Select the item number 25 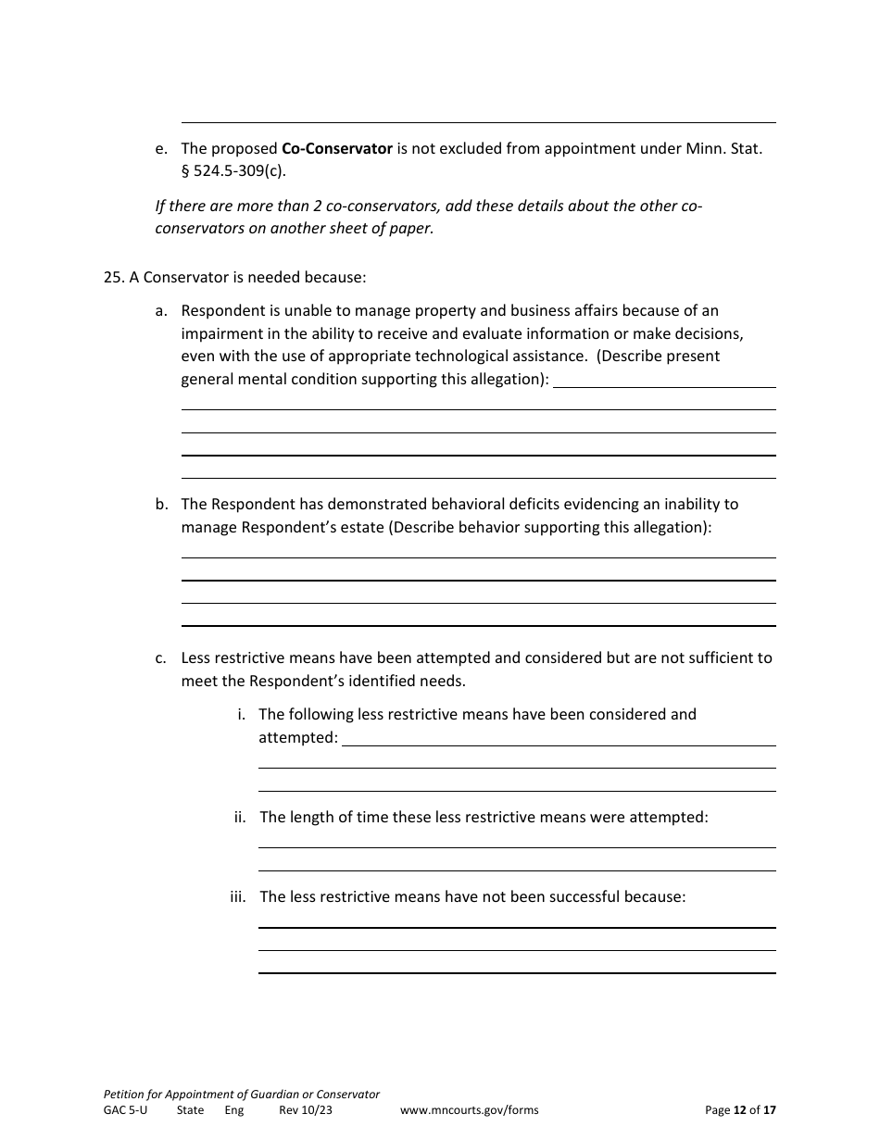pos(114,277)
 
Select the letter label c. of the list pos(161,658)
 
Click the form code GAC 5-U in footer pos(125,1110)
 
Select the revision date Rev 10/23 pos(305,1110)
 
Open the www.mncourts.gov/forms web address pos(469,1110)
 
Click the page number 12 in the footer pos(740,1110)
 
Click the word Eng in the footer pos(233,1110)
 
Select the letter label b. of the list pos(161,505)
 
